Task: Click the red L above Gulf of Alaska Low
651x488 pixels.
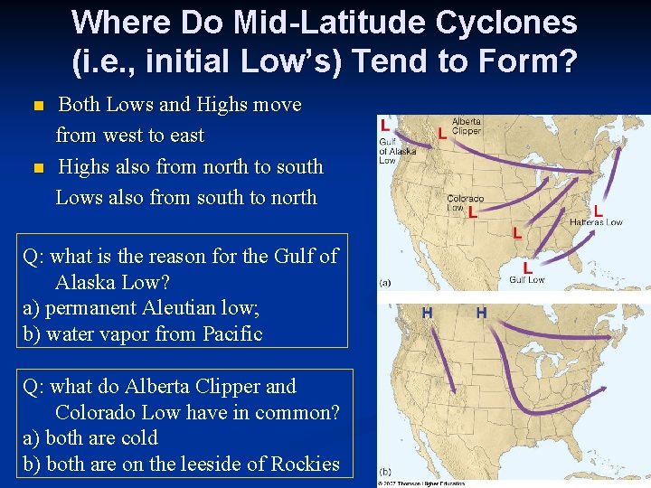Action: pyautogui.click(x=386, y=125)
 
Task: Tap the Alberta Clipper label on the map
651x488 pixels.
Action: pyautogui.click(x=467, y=126)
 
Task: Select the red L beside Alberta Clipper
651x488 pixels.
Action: pyautogui.click(x=441, y=133)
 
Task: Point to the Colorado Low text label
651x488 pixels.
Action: pyautogui.click(x=464, y=202)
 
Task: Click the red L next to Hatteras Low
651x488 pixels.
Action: pyautogui.click(x=598, y=209)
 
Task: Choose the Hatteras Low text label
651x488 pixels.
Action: pyautogui.click(x=596, y=222)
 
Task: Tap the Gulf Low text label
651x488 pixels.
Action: pyautogui.click(x=527, y=280)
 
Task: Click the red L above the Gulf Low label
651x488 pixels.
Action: pyautogui.click(x=527, y=267)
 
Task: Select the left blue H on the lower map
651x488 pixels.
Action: pyautogui.click(x=427, y=313)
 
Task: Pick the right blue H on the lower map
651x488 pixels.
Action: pyautogui.click(x=481, y=313)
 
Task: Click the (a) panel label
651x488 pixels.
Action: pyautogui.click(x=385, y=283)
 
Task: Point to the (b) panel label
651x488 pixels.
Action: pyautogui.click(x=385, y=472)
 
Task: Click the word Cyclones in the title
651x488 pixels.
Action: pyautogui.click(x=508, y=23)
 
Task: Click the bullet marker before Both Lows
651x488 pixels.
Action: pyautogui.click(x=37, y=106)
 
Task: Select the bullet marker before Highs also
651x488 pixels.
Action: pyautogui.click(x=37, y=168)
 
